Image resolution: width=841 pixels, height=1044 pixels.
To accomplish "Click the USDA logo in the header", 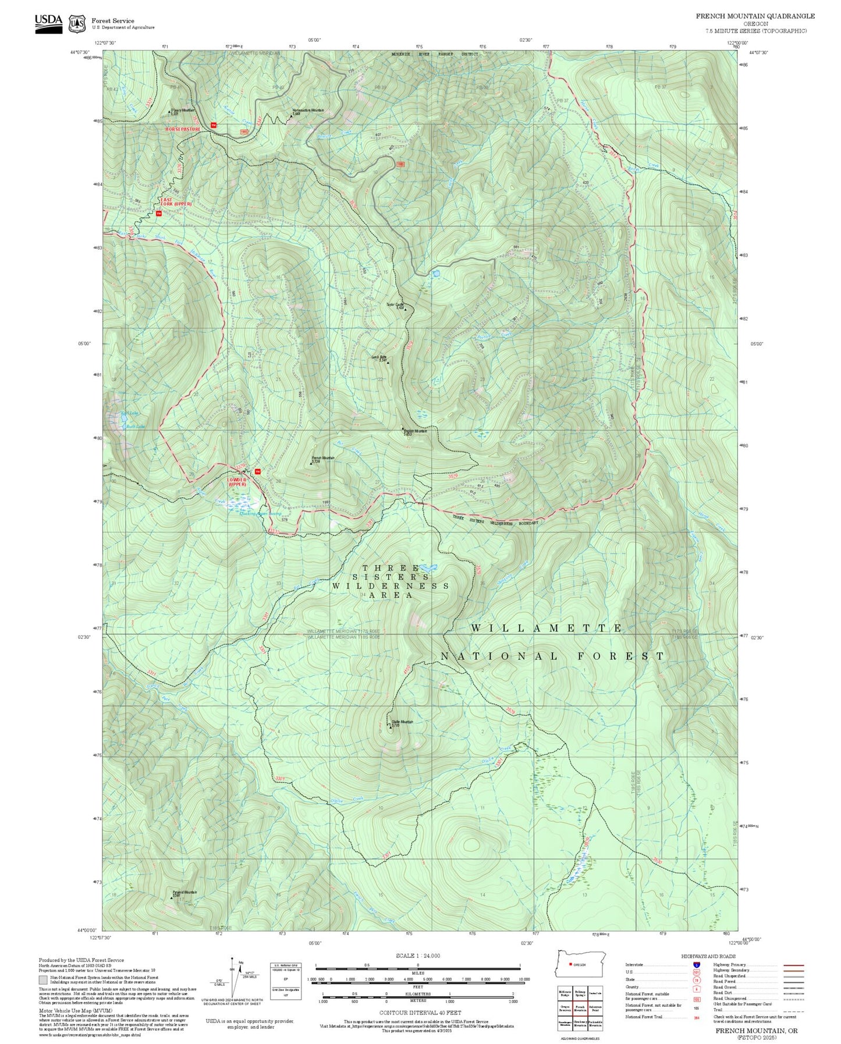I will click(x=48, y=23).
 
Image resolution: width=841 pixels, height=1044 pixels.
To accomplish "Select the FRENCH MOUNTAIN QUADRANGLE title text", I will click(x=755, y=16).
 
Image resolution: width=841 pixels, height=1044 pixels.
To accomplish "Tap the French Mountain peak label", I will click(x=323, y=459).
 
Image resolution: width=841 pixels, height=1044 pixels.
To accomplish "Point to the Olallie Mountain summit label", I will click(x=402, y=723).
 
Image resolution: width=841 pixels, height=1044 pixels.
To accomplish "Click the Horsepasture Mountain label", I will click(x=308, y=111).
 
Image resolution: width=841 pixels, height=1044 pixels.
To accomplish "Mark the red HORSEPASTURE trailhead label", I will click(x=182, y=129).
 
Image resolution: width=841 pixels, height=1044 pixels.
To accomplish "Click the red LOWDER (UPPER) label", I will click(x=237, y=482).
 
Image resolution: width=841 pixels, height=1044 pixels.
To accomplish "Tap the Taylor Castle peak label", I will click(x=396, y=305).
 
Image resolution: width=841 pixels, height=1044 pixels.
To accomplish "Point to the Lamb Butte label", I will click(x=379, y=358).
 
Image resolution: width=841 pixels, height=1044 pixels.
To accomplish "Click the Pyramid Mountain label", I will click(x=184, y=893).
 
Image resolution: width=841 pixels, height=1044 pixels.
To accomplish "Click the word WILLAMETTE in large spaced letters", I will click(x=546, y=628).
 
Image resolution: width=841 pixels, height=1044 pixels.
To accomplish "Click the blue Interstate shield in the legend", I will click(x=697, y=964).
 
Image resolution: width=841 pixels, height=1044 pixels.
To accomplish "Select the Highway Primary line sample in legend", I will click(x=793, y=965).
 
